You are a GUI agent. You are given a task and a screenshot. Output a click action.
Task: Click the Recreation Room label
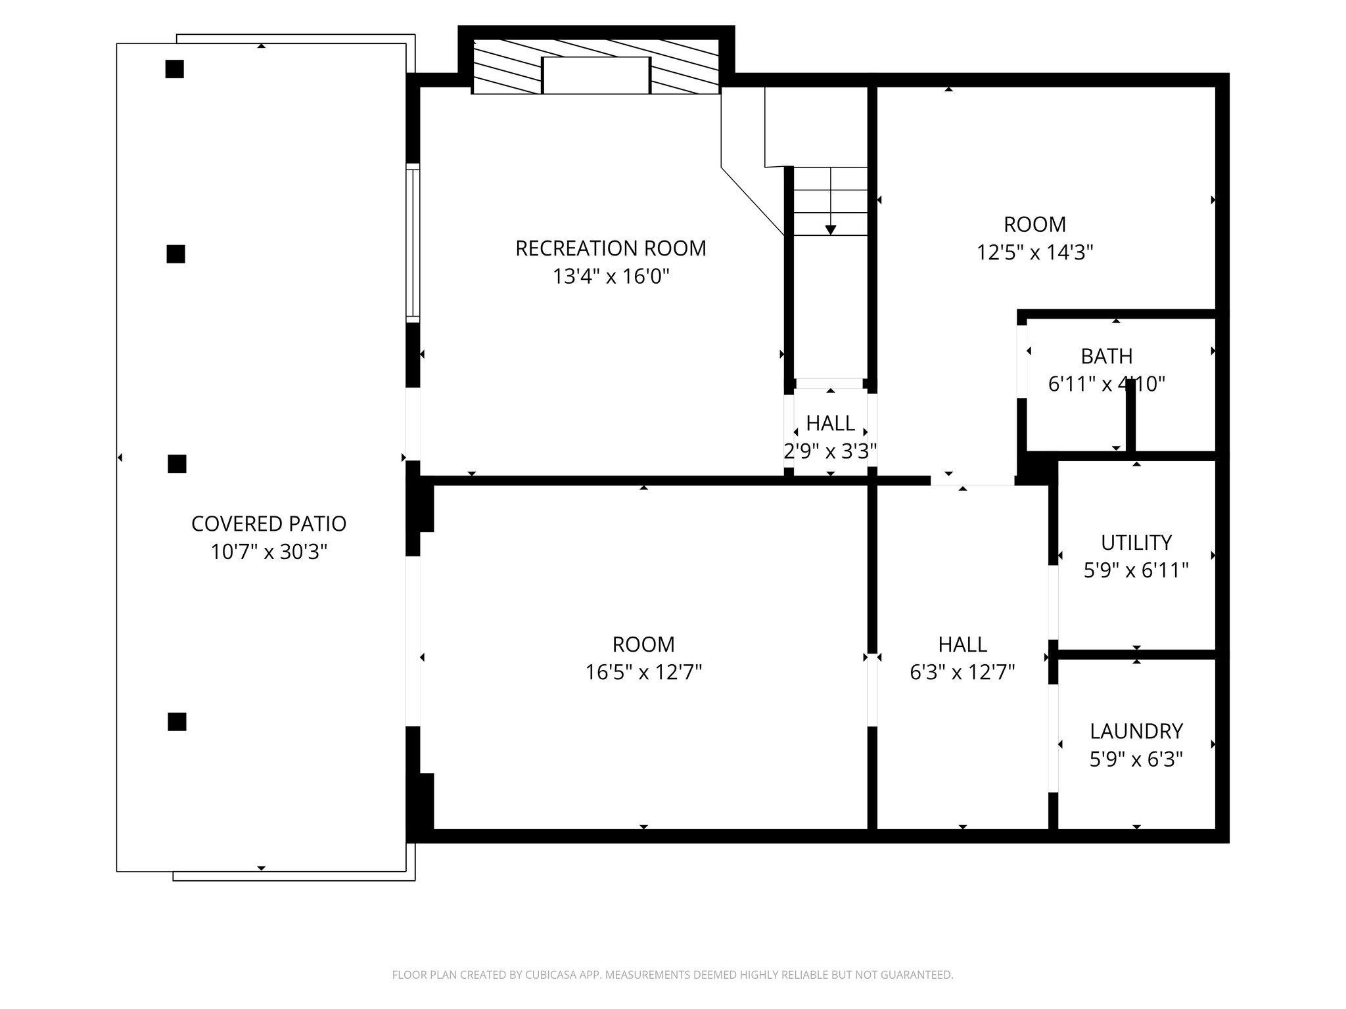coord(611,248)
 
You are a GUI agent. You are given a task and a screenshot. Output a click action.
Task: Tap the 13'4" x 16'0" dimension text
coord(611,277)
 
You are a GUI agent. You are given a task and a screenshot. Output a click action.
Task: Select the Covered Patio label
coord(268,524)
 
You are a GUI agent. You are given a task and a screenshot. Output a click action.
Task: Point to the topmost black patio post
coord(174,69)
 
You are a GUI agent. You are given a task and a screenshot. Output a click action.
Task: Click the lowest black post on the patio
coord(177,721)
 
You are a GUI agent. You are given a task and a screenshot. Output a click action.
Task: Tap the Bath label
coord(1107,356)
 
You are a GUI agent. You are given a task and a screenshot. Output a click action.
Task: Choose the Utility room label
coord(1136,543)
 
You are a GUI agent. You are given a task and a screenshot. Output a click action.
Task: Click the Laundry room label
coord(1136,731)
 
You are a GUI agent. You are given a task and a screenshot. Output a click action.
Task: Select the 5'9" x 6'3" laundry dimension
coord(1136,759)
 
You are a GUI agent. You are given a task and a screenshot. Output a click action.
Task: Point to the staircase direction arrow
coord(831,229)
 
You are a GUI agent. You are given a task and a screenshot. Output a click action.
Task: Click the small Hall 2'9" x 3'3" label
coord(831,423)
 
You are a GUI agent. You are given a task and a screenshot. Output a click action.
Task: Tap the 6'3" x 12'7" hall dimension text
coord(963,673)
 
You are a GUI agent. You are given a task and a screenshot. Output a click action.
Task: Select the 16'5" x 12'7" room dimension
coord(643,673)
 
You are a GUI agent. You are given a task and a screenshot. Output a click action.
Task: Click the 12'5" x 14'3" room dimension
coord(1034,252)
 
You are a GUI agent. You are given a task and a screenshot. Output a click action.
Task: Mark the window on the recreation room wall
coord(413,243)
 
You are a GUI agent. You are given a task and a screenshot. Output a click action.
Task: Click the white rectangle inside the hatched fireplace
coord(596,75)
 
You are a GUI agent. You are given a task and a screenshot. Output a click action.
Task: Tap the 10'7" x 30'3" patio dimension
coord(268,552)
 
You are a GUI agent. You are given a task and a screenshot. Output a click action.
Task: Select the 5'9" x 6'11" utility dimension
coord(1136,570)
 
